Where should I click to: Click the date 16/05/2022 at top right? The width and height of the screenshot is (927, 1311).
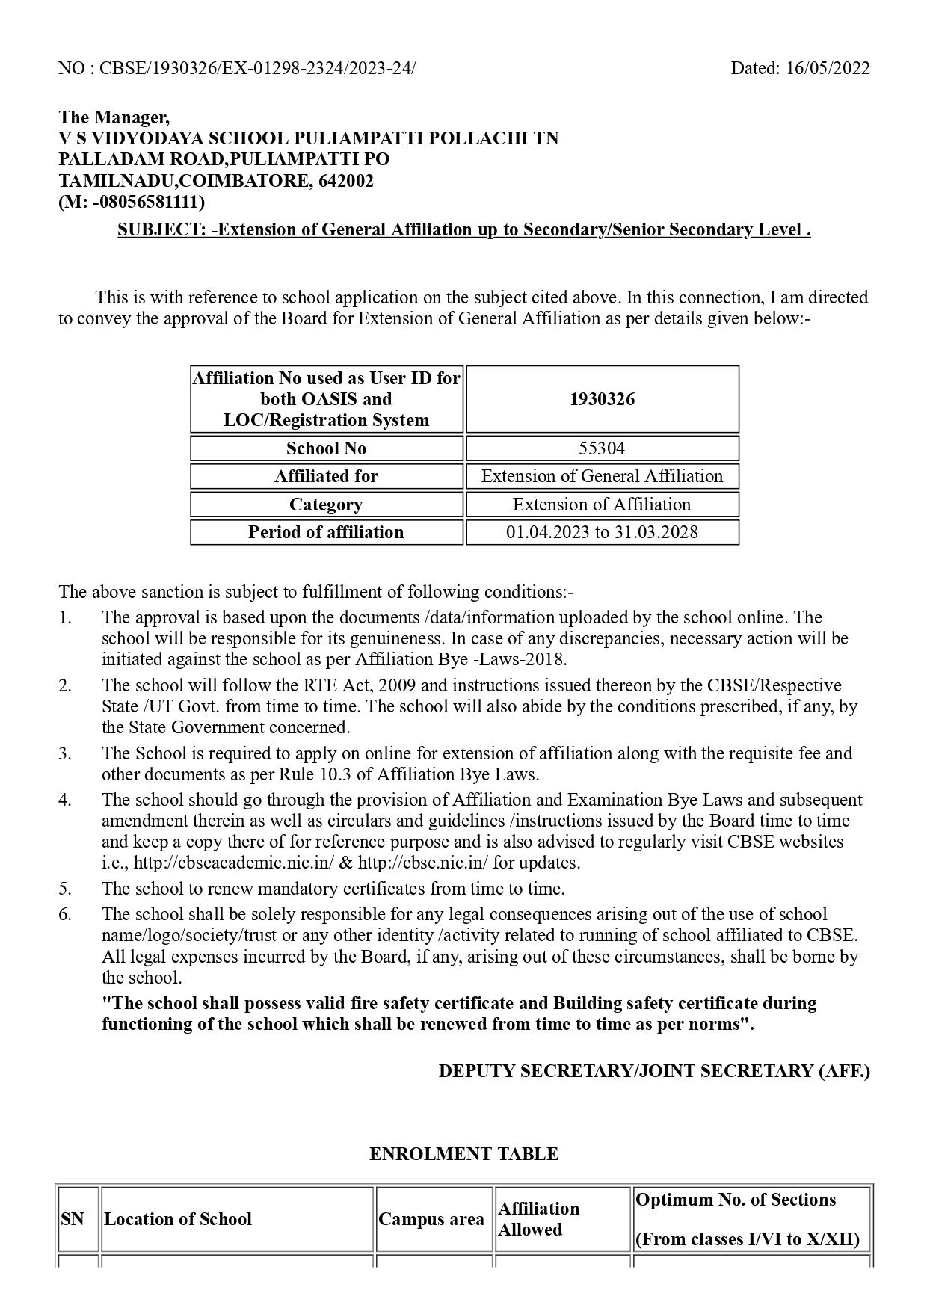828,68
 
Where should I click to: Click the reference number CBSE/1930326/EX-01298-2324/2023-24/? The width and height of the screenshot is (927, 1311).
257,68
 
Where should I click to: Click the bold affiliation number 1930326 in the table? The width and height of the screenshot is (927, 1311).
602,399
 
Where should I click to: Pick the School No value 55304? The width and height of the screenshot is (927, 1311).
602,448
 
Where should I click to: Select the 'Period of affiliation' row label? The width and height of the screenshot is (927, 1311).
326,532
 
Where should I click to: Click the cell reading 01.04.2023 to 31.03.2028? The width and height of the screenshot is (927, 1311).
602,532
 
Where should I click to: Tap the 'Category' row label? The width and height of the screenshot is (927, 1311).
326,505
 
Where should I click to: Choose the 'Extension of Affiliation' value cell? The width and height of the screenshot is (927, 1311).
602,505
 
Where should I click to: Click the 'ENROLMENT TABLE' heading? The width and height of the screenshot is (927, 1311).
463,1154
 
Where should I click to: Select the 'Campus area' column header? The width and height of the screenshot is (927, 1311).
431,1219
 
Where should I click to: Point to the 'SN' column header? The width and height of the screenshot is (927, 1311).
73,1219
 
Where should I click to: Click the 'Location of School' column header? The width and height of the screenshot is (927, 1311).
178,1219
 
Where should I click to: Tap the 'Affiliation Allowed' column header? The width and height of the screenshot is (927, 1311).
538,1219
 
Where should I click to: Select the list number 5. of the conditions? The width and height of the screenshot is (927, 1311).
66,889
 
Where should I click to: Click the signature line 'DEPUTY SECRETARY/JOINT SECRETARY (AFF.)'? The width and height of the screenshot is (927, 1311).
654,1071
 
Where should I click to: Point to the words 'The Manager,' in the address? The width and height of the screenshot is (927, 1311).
114,117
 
